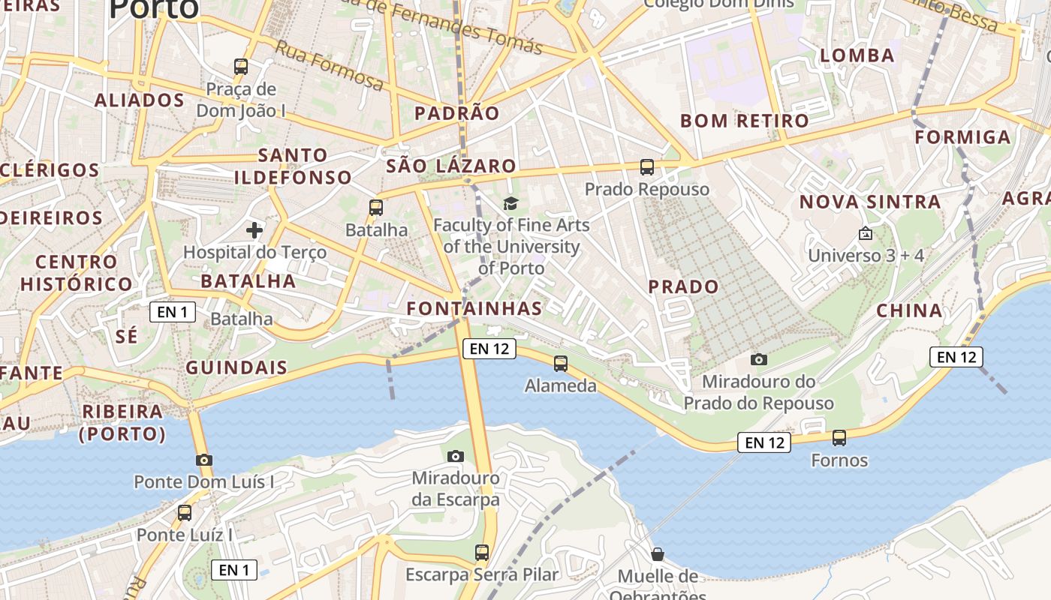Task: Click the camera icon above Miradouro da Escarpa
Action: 455,456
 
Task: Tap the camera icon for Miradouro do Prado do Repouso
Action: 759,359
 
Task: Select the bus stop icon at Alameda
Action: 560,364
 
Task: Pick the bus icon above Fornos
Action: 839,437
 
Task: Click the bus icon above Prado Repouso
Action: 646,166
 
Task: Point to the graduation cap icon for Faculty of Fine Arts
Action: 510,202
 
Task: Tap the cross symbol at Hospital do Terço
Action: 254,229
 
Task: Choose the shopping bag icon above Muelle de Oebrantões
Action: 658,554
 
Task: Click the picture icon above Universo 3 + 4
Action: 866,233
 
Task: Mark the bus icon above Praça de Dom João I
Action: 241,66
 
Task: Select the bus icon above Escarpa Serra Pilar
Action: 482,553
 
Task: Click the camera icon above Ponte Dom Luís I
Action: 203,460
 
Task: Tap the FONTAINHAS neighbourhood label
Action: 474,308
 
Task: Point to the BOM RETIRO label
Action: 745,121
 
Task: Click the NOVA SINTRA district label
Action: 870,202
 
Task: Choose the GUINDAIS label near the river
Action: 236,367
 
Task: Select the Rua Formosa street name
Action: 330,64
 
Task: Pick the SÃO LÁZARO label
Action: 451,166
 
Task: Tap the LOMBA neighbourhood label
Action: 857,55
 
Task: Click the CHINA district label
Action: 909,310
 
